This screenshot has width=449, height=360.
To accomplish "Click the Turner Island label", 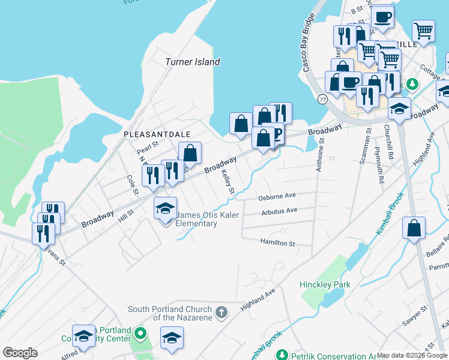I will coord(192,62).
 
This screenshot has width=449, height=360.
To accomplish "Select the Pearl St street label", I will coord(147,145).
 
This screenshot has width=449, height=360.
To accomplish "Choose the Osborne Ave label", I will coord(277,196).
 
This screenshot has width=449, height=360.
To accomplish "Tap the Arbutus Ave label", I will coord(279,211).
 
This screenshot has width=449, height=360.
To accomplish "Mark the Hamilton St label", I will coord(277,243).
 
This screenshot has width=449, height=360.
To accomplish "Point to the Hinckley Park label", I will coord(325,284).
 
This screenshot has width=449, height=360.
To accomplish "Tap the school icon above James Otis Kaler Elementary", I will coord(166,208).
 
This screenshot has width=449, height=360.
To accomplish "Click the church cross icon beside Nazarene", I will coord(221,312).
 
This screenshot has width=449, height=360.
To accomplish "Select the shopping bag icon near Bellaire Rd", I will coord(414,228).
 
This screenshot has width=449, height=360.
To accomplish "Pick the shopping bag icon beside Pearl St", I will coord(190,153).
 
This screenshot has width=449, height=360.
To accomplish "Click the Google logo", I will coord(20,353).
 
